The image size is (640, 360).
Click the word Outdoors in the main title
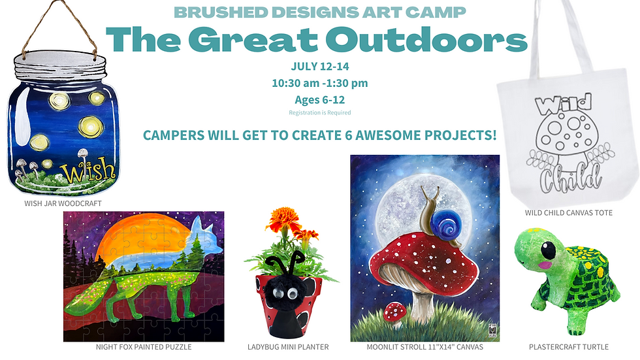pyautogui.click(x=426, y=40)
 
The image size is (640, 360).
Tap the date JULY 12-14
pyautogui.click(x=319, y=67)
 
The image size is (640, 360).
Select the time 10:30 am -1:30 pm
pyautogui.click(x=319, y=83)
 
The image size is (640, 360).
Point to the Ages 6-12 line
pyautogui.click(x=319, y=99)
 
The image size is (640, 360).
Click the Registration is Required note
pyautogui.click(x=319, y=112)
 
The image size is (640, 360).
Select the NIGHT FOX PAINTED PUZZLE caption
pyautogui.click(x=143, y=346)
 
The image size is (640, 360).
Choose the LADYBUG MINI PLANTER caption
pyautogui.click(x=288, y=346)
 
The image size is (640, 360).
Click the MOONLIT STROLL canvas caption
pyautogui.click(x=424, y=346)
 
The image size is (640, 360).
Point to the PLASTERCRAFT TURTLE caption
pyautogui.click(x=568, y=346)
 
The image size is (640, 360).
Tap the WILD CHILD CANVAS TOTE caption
pyautogui.click(x=568, y=212)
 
